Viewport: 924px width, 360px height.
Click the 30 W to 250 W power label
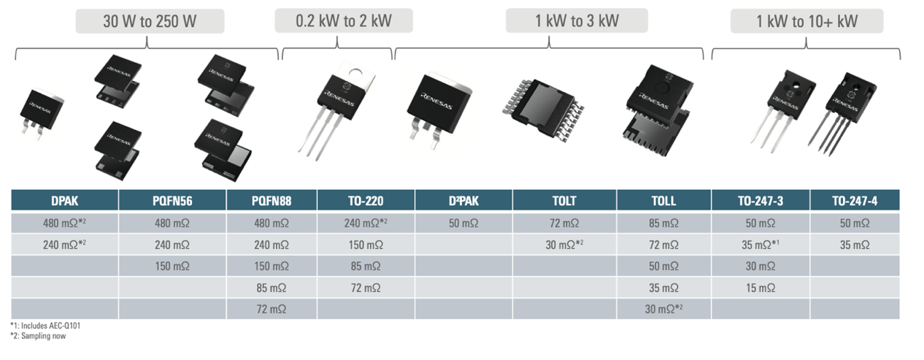(149, 21)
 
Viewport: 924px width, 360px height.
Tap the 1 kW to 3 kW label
(577, 20)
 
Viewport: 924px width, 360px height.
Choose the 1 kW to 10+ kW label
(806, 21)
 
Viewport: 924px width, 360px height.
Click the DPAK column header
(64, 201)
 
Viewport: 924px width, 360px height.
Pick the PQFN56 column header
(172, 201)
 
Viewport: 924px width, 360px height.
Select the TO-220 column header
(366, 201)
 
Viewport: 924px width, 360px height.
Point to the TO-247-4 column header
(854, 201)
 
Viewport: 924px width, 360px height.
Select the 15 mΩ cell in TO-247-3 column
(761, 288)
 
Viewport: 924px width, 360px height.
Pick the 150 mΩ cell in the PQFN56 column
(172, 267)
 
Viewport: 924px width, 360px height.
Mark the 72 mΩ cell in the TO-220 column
(366, 288)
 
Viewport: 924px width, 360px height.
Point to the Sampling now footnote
(37, 335)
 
